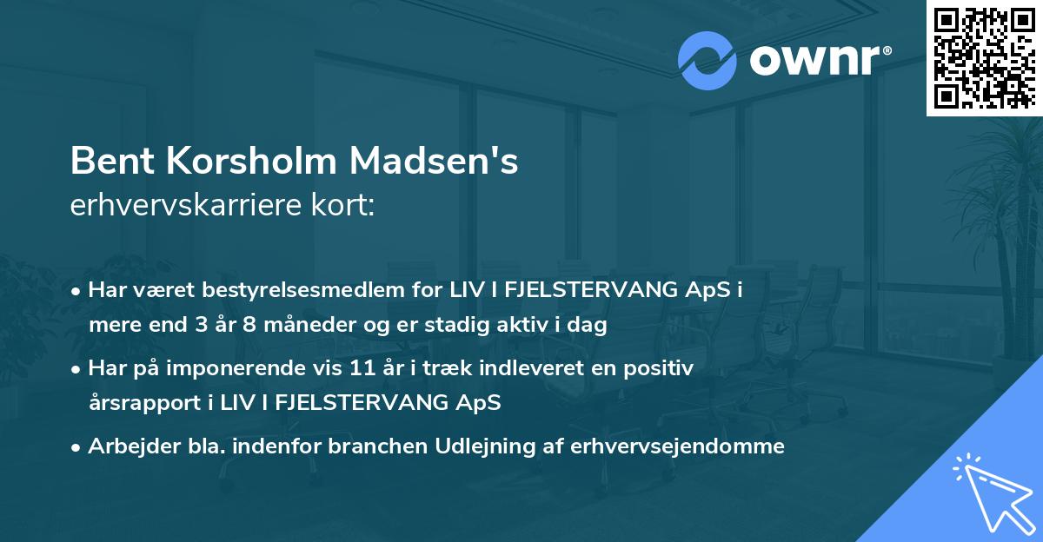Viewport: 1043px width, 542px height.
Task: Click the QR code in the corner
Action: point(984,57)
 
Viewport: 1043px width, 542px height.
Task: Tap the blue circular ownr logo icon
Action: point(708,61)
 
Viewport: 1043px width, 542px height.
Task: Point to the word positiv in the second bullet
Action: point(661,368)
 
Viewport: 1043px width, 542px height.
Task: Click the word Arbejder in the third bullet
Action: point(126,446)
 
